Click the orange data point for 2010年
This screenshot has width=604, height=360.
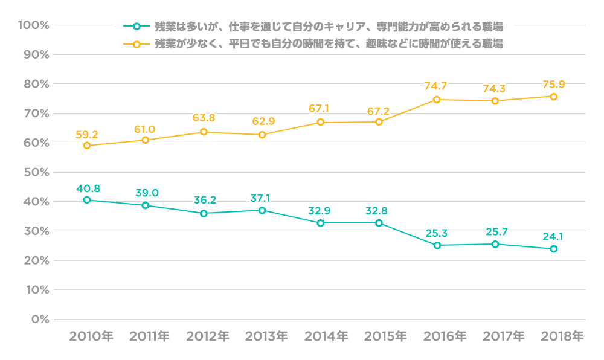[x=87, y=146]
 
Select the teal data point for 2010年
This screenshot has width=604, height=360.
[x=87, y=200]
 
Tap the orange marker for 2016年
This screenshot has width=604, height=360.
[x=437, y=100]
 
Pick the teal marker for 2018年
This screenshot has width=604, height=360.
[x=553, y=249]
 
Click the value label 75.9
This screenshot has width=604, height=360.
[x=553, y=84]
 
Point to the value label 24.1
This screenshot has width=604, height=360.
[x=553, y=236]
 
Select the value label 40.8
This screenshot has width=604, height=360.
[x=88, y=188]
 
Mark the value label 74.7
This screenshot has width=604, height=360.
[x=437, y=86]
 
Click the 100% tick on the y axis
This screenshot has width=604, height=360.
[x=34, y=25]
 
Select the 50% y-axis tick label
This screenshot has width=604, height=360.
[x=36, y=172]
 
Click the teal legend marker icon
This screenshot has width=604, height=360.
[x=137, y=27]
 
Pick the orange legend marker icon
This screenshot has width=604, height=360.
[x=137, y=44]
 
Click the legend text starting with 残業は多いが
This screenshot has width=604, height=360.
[x=329, y=27]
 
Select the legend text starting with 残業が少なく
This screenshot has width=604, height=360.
[x=329, y=44]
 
